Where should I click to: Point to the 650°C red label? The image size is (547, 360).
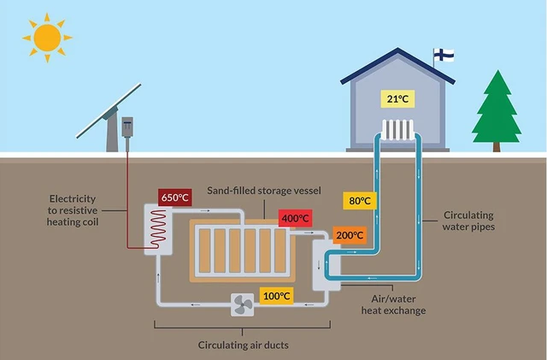pyautogui.click(x=174, y=198)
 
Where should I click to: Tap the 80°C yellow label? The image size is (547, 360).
pyautogui.click(x=361, y=201)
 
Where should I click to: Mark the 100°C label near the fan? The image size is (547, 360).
pyautogui.click(x=276, y=297)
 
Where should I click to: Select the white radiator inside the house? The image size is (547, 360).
pyautogui.click(x=397, y=130)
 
